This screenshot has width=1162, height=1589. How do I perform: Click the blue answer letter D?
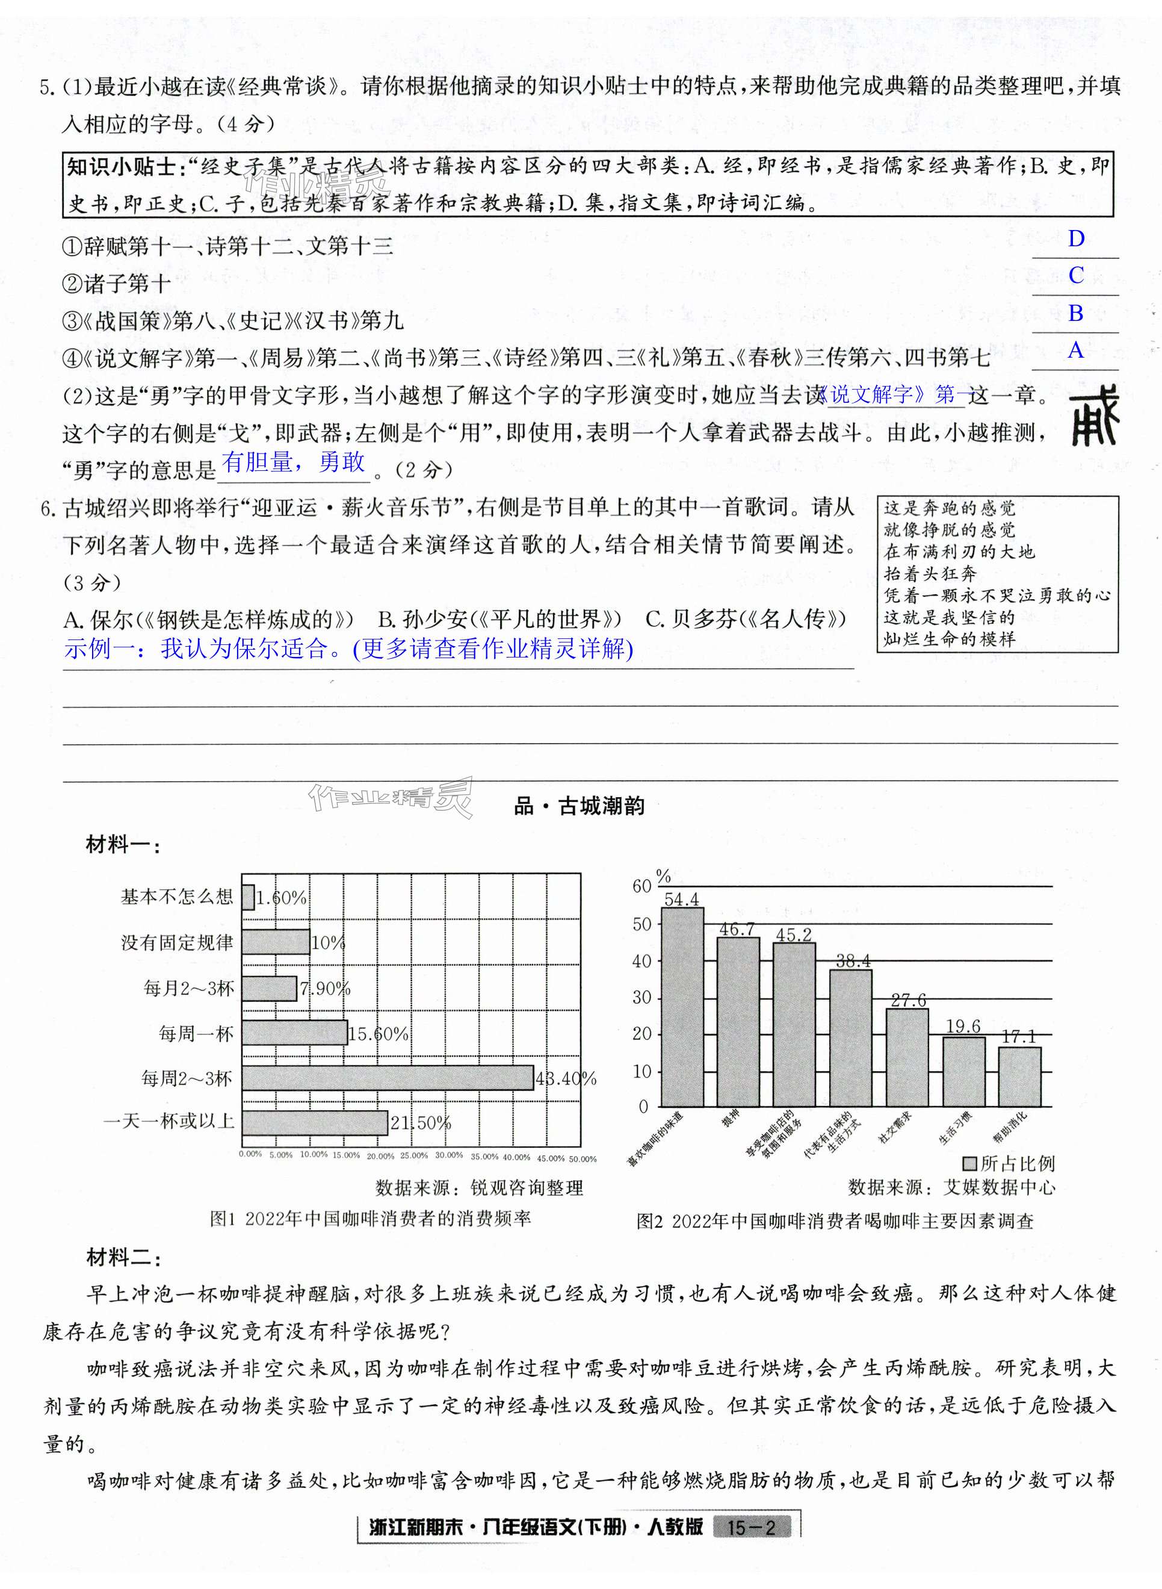click(1075, 239)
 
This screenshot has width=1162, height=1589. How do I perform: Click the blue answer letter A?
click(1075, 350)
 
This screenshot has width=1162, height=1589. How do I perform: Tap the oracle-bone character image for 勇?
click(1095, 420)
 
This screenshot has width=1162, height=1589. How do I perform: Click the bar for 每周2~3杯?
click(388, 1078)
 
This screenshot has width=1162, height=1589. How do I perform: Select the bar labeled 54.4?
click(682, 1007)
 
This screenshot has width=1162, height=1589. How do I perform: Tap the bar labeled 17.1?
click(1019, 1077)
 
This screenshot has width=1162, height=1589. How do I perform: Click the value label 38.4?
click(853, 961)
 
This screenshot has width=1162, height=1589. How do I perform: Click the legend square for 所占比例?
click(970, 1163)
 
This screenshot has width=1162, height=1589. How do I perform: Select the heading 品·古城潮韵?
click(579, 806)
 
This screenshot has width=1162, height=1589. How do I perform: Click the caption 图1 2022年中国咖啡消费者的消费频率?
click(370, 1219)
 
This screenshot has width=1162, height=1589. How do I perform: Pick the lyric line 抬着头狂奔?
click(930, 574)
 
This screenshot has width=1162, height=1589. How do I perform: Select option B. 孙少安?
click(499, 619)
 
